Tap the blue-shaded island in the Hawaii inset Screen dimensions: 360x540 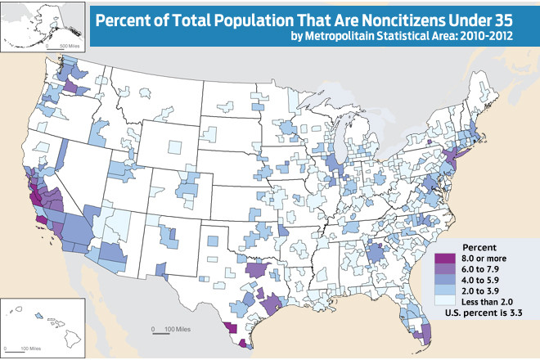pos(38,315)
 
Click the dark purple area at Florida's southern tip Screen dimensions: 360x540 pos(424,333)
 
